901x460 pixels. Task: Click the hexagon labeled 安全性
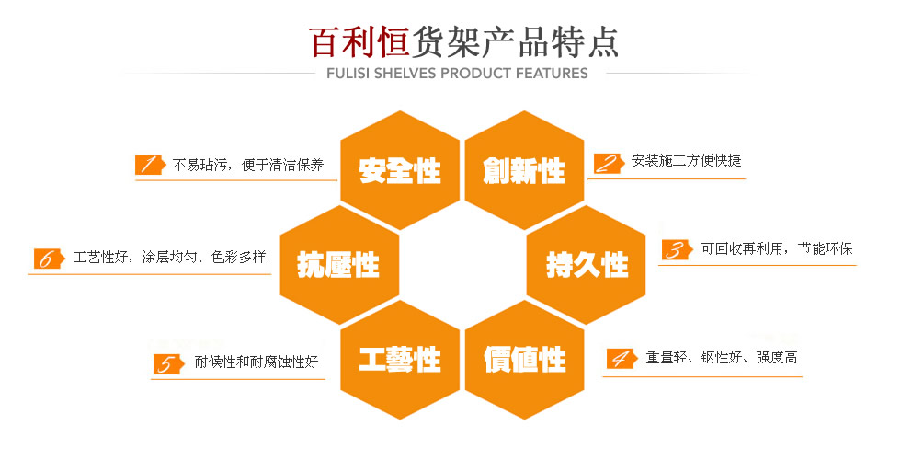pos(400,170)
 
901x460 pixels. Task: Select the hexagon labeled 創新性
pos(524,170)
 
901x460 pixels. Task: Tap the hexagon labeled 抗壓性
pos(339,265)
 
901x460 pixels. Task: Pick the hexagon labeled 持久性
pos(587,265)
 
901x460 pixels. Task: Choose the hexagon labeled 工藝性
pos(400,360)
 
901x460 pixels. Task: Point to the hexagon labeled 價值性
pos(524,360)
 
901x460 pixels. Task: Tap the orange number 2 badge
pos(609,164)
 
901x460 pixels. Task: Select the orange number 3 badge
pos(678,249)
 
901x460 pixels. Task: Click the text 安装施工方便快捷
pos(686,160)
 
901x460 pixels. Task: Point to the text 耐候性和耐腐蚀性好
pos(257,362)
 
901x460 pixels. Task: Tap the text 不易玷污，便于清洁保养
pos(248,165)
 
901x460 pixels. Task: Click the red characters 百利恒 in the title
pos(359,42)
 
